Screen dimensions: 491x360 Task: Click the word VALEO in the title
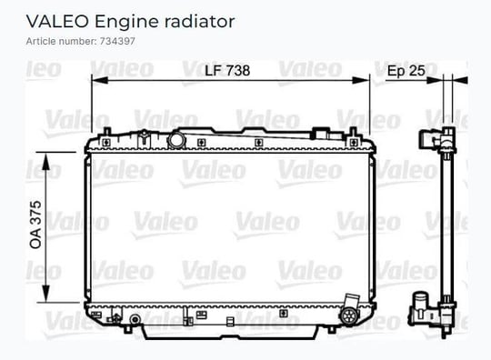click(x=57, y=21)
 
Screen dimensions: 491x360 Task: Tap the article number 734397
click(x=117, y=41)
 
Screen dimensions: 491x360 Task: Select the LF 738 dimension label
click(x=227, y=70)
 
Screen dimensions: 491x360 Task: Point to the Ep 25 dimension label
click(x=406, y=71)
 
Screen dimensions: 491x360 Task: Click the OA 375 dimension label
click(x=35, y=225)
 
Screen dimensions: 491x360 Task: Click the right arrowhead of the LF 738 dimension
click(x=361, y=80)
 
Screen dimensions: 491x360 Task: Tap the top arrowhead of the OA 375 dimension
click(x=46, y=161)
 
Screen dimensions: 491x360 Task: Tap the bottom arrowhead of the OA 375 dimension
click(x=46, y=294)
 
